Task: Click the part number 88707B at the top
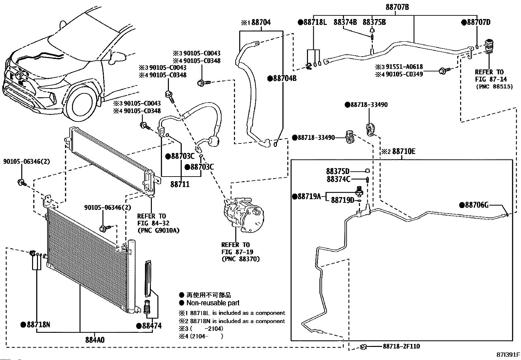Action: (x=397, y=7)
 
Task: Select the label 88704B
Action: (x=285, y=78)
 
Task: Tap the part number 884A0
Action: (x=95, y=340)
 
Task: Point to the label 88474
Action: (x=152, y=326)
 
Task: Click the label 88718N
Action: (x=38, y=325)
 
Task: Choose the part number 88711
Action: (x=180, y=184)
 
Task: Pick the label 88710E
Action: (x=404, y=151)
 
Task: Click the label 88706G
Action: (x=476, y=205)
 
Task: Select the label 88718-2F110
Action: (x=402, y=346)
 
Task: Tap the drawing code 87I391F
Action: (x=508, y=355)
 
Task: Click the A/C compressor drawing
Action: (x=243, y=215)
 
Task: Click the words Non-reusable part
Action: (x=213, y=303)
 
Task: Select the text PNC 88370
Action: (x=241, y=259)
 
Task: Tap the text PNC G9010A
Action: (x=158, y=230)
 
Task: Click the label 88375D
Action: (x=338, y=171)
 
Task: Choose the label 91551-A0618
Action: (x=404, y=67)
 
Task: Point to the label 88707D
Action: (x=479, y=22)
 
